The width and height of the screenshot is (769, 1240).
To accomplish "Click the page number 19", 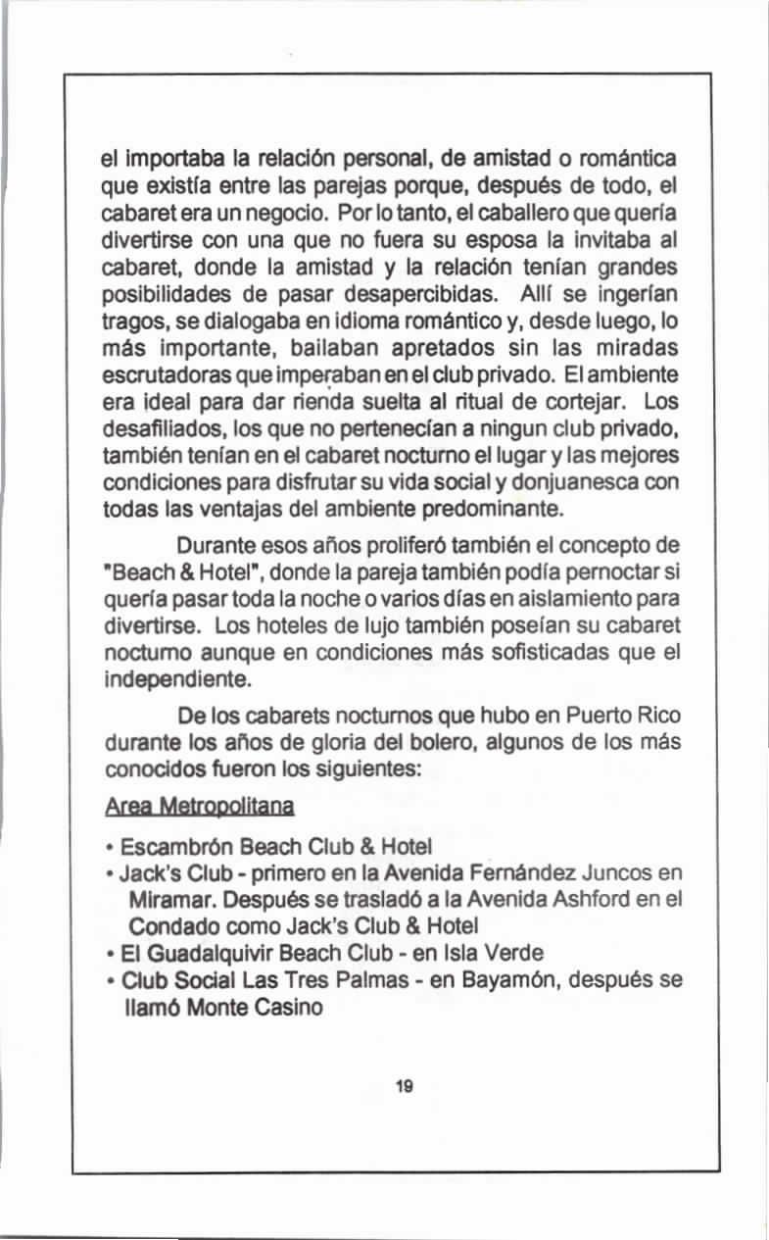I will point(404,1086).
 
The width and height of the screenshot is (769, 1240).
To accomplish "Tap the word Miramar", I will point(162,899).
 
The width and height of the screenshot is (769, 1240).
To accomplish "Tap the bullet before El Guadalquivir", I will point(112,953).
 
